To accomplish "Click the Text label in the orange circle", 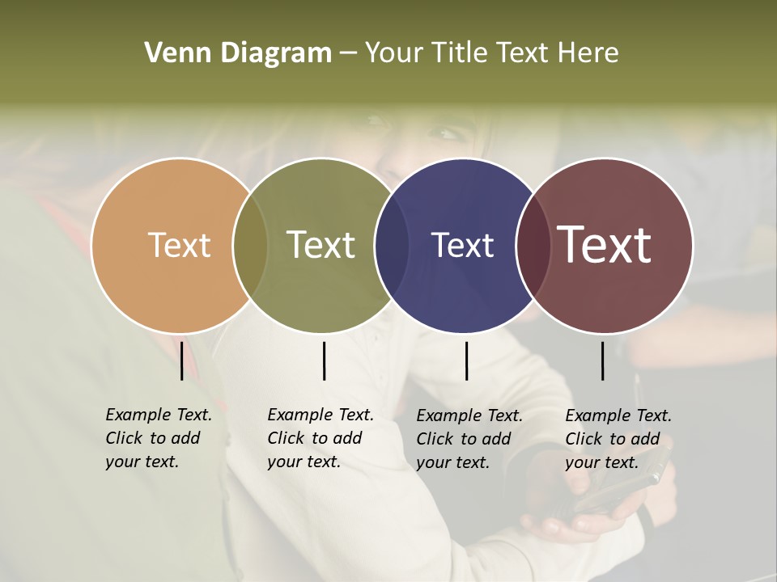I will [179, 245].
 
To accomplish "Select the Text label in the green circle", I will [321, 245].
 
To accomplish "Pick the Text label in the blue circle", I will [462, 245].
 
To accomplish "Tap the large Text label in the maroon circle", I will [605, 245].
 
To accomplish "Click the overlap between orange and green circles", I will [250, 245].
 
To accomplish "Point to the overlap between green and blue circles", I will [392, 245].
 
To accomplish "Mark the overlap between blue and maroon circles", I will [533, 245].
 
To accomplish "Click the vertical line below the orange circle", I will [181, 361].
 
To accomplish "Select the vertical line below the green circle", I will [324, 361].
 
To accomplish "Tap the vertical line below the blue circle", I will [466, 361].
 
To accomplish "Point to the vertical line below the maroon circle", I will [602, 361].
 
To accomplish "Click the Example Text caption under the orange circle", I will [158, 438].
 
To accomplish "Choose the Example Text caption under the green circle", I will [320, 438].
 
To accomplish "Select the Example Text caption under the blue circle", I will [469, 439].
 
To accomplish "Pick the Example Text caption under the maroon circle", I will [618, 439].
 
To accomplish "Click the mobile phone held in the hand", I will [619, 489].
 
